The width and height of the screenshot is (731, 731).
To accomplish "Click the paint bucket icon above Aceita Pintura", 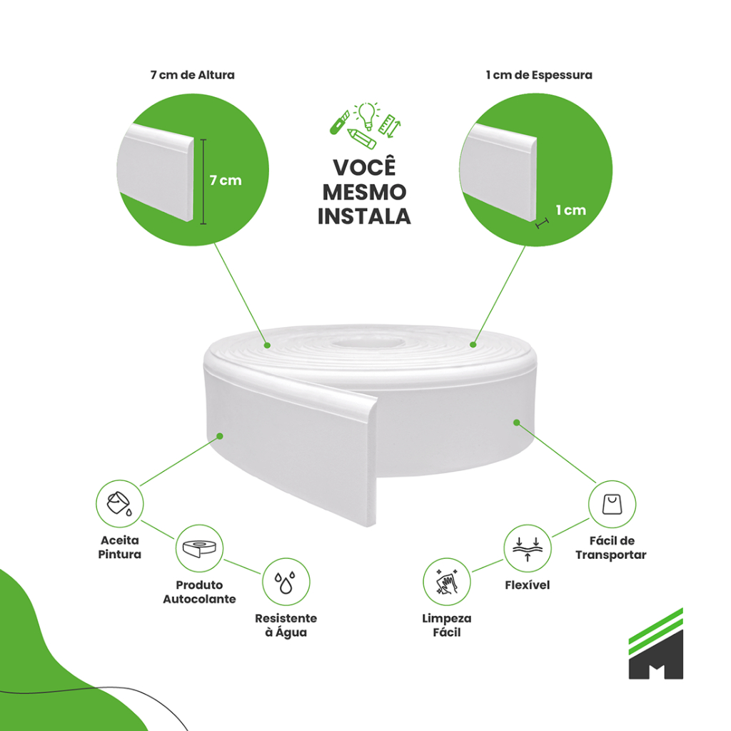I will [x=119, y=503].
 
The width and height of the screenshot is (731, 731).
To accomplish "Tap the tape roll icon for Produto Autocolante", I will [x=199, y=548].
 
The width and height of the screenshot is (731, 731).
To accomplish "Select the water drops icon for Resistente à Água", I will [x=286, y=582].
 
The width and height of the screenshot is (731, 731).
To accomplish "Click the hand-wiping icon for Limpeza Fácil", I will [x=447, y=582].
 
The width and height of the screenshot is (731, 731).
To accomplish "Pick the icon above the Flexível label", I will [x=528, y=548].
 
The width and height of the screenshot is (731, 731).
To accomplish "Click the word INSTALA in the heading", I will [x=364, y=216].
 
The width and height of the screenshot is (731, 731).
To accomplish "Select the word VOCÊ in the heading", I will [x=364, y=168].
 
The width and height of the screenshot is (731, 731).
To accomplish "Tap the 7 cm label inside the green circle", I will [x=226, y=181].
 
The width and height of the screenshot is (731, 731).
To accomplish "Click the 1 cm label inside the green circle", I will [x=570, y=210].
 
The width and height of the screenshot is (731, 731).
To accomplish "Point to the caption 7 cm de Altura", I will [x=192, y=75].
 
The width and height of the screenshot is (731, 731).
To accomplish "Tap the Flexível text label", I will [x=527, y=585].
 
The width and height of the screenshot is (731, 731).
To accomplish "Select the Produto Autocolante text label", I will [x=199, y=592].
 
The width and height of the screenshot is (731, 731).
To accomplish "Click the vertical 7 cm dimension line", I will [x=203, y=181].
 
